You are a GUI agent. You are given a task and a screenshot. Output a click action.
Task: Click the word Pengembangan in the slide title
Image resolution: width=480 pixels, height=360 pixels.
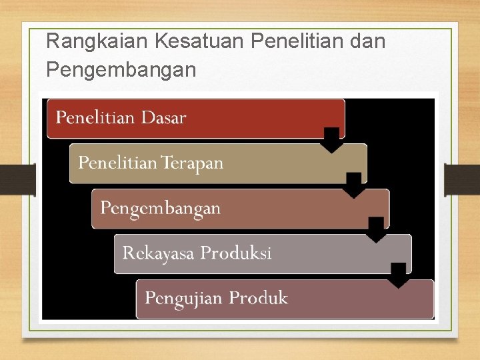tap(121, 69)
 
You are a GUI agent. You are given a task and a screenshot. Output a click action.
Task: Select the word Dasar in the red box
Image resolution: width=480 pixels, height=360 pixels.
tap(163, 118)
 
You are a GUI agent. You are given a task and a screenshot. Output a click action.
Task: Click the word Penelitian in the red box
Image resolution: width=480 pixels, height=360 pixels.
tap(96, 118)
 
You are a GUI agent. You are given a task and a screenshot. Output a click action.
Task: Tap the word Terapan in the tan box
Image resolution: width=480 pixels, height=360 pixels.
tap(193, 163)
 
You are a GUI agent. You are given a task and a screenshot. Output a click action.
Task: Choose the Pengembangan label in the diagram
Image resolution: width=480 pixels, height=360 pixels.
tap(160, 208)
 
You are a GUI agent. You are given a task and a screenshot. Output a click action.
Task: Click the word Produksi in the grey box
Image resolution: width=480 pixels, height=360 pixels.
tap(236, 253)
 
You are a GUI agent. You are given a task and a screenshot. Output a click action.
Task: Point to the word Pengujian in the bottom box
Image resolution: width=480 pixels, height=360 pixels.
tap(184, 298)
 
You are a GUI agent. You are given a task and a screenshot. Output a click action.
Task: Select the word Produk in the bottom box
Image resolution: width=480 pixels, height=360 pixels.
tap(259, 298)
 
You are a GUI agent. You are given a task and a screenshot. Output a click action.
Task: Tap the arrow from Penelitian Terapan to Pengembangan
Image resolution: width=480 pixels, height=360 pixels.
tap(355, 185)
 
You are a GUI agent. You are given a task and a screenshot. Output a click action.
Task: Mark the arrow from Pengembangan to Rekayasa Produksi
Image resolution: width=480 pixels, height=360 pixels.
tap(377, 229)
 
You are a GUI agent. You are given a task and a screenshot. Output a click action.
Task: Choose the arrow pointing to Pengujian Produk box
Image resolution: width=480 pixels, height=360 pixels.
tap(399, 275)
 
